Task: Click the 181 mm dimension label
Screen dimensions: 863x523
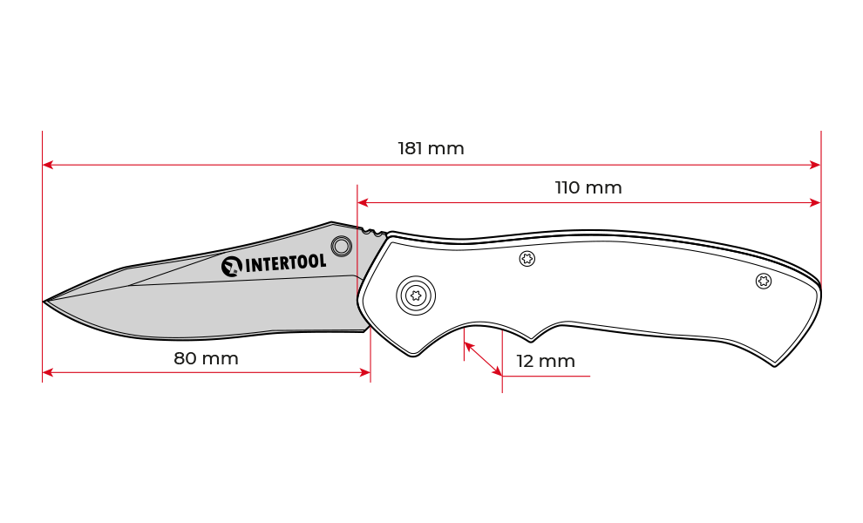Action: [431, 149]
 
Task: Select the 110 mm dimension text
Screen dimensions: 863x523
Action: [588, 187]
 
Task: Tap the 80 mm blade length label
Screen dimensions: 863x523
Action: [206, 358]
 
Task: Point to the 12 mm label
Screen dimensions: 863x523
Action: [546, 361]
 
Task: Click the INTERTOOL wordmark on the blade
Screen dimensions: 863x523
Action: [285, 263]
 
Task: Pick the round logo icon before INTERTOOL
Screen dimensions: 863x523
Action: [232, 267]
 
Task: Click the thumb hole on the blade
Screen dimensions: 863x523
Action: [341, 246]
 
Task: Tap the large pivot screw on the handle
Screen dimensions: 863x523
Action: [416, 295]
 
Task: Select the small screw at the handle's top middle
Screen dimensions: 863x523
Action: [527, 258]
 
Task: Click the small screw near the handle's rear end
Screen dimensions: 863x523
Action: [764, 282]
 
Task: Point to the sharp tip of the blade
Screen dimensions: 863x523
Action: [44, 301]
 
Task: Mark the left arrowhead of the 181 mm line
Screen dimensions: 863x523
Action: [48, 165]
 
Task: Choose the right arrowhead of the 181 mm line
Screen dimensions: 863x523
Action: [815, 165]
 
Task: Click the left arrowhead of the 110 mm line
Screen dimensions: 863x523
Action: [363, 202]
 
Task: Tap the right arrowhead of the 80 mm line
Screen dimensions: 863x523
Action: [365, 373]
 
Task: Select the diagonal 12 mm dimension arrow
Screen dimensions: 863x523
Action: [483, 359]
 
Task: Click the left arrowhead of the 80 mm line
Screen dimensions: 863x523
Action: [48, 373]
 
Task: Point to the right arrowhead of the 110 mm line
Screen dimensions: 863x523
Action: [815, 202]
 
